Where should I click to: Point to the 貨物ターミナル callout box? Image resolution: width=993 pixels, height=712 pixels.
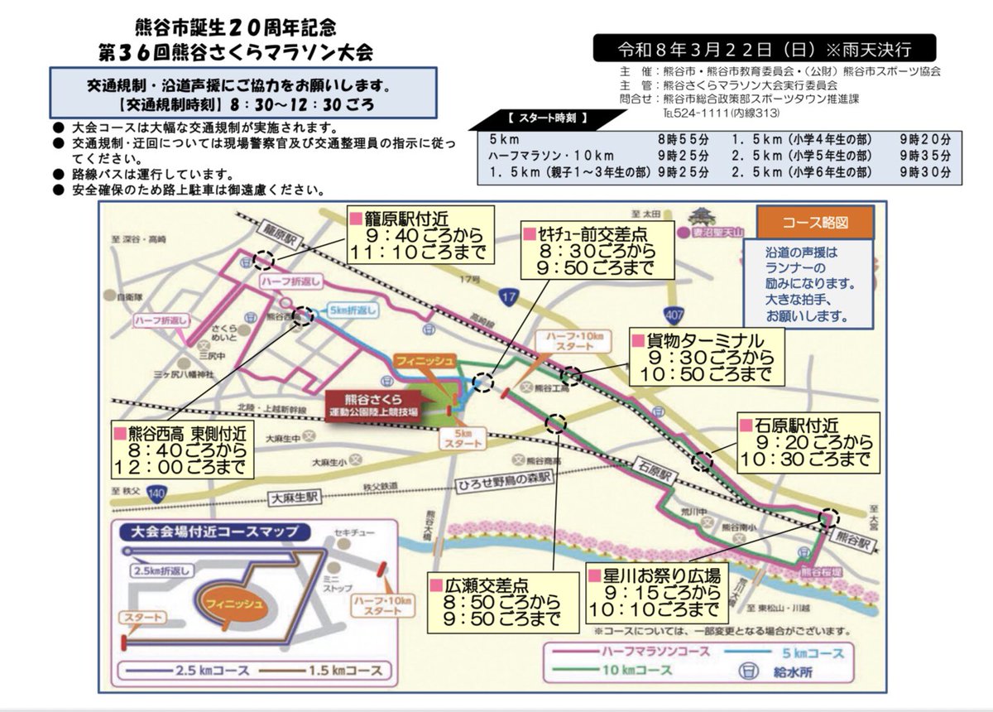[705, 358]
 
